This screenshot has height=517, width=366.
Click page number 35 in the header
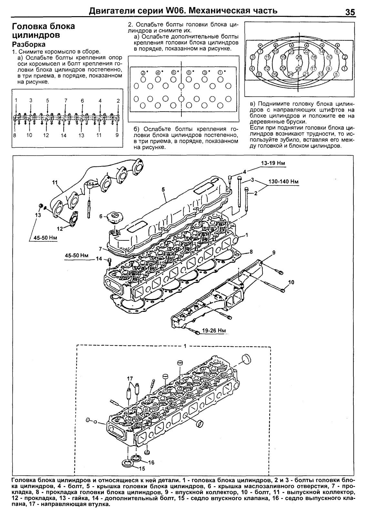350,12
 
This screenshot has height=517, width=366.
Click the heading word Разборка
28,44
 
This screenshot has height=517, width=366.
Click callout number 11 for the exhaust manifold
54,183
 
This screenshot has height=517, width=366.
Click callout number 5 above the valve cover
163,190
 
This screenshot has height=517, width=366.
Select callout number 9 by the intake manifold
274,252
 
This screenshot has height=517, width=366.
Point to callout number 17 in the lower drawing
130,378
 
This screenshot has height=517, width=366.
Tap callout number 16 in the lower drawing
151,462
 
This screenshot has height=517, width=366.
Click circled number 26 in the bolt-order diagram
299,57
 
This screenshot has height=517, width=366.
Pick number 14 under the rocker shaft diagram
64,136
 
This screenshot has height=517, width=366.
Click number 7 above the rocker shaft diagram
66,100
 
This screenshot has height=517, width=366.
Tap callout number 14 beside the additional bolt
98,258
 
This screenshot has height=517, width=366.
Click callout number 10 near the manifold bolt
291,282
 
